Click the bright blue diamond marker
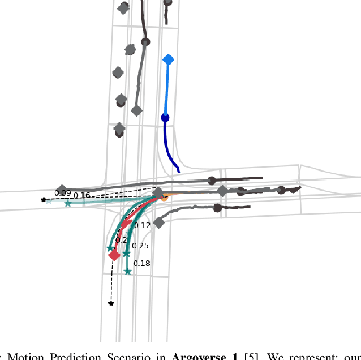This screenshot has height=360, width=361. point(168,59)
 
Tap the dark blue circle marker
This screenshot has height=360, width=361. point(165,118)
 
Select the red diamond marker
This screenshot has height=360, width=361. point(114,255)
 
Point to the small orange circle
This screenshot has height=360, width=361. point(164,198)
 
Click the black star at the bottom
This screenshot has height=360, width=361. point(111,304)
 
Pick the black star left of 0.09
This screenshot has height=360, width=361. point(44,200)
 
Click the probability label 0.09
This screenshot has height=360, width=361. point(62,193)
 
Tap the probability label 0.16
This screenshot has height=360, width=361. point(81,196)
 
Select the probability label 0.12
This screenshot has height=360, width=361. point(142,225)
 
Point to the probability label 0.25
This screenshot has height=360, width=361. point(140,246)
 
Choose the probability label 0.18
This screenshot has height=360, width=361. point(141,263)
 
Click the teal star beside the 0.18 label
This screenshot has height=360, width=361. point(128,272)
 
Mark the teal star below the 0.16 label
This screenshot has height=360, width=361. point(68,204)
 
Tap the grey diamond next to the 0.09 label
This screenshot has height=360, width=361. point(62,189)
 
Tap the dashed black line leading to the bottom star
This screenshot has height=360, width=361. point(112,283)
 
